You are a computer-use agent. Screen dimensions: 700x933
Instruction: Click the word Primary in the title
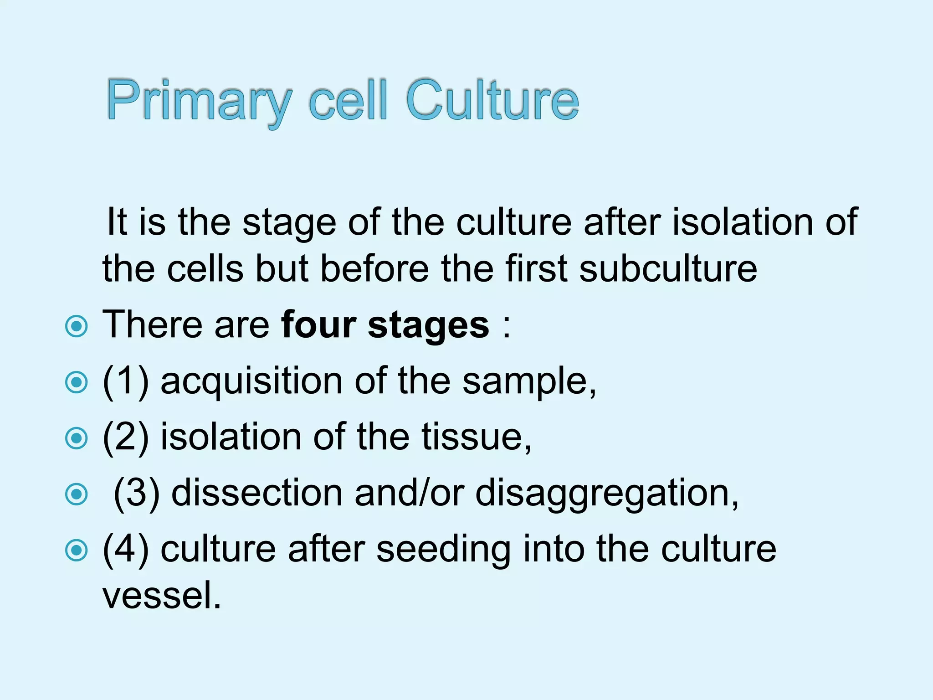pyautogui.click(x=199, y=101)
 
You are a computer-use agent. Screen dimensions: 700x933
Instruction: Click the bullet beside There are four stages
pyautogui.click(x=76, y=326)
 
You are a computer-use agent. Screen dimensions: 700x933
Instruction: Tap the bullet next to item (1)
pyautogui.click(x=76, y=382)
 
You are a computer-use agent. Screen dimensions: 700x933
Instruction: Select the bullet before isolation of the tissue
pyautogui.click(x=76, y=438)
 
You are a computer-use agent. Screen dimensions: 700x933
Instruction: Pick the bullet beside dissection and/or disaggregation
pyautogui.click(x=76, y=494)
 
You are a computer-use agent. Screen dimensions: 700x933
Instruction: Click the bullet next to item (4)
pyautogui.click(x=76, y=550)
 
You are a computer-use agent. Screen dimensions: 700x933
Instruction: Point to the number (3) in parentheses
pyautogui.click(x=137, y=493)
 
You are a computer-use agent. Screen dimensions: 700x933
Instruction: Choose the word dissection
pyautogui.click(x=257, y=493)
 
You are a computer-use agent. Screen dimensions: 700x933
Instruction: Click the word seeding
pyautogui.click(x=444, y=550)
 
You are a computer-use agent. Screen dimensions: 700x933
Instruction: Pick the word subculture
pyautogui.click(x=668, y=269)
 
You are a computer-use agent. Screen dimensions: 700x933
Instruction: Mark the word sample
pyautogui.click(x=528, y=382)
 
